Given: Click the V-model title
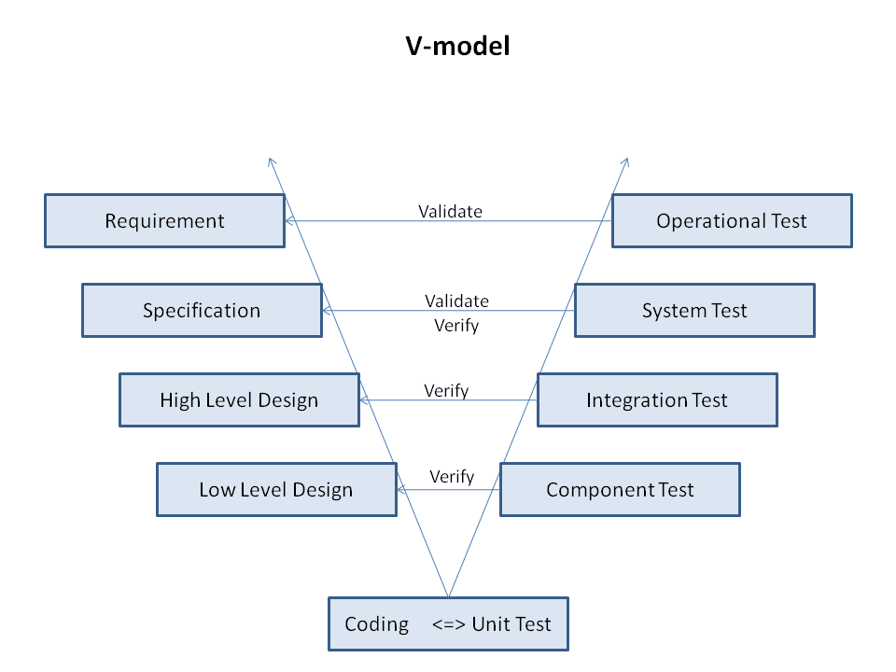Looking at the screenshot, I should coord(457,47).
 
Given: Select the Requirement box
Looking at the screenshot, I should coord(164,221).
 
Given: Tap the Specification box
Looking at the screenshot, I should coord(202,311).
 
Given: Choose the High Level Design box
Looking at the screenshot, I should coord(239,400).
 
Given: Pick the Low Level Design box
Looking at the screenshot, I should coord(276,490).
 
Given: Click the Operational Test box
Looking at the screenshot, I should coord(732,221).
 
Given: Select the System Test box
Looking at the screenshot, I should coord(694,311).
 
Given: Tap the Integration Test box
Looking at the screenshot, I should coord(657,400).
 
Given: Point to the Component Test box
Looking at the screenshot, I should coord(620,490).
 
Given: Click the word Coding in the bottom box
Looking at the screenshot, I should coord(377,624).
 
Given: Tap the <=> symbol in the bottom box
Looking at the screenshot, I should coord(449,624).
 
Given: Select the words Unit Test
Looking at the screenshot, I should coord(511,624).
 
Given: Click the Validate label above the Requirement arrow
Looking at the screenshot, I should coord(450,211).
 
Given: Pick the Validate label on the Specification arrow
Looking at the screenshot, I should coord(456,301).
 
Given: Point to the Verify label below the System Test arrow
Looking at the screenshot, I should coord(456,326).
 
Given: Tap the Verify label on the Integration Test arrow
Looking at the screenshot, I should coord(446,390).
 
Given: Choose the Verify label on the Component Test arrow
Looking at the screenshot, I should coord(452,477).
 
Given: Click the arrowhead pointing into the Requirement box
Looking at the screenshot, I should coord(289,221).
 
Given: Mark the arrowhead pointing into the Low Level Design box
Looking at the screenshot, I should coord(401,490).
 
